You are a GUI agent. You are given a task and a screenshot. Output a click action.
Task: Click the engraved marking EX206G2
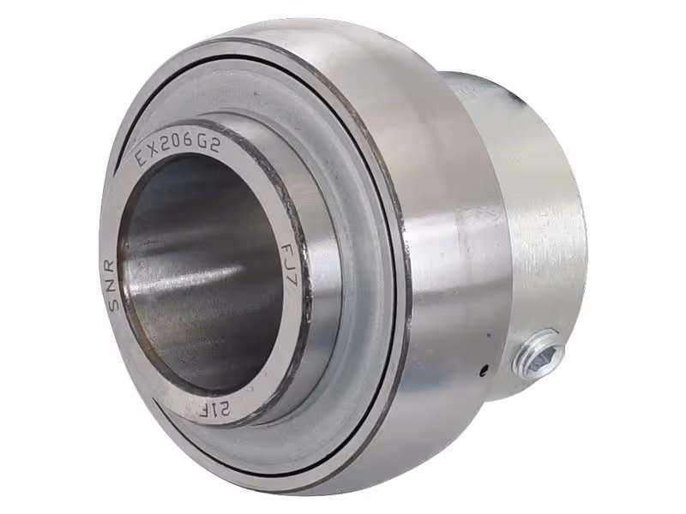coord(178,148)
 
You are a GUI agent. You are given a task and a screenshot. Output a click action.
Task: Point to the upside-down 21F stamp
coord(215,410)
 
